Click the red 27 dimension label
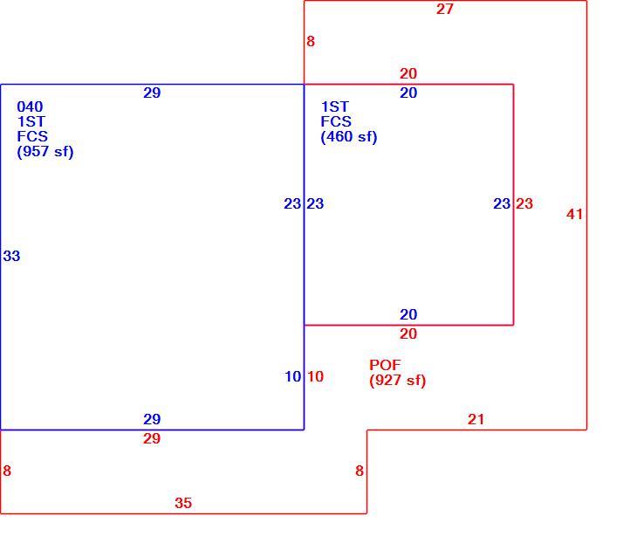445,10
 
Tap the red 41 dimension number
574,214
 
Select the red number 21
476,420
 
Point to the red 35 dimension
183,503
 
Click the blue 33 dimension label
11,256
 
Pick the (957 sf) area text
45,152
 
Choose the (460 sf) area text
349,137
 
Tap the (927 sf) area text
397,380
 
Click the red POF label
385,365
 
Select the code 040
30,107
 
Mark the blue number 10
292,376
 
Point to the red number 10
315,376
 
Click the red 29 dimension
152,438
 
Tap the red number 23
524,203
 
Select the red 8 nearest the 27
311,41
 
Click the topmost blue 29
152,93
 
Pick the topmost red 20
408,73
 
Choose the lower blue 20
408,314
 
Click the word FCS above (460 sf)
336,121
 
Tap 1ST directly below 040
31,121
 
